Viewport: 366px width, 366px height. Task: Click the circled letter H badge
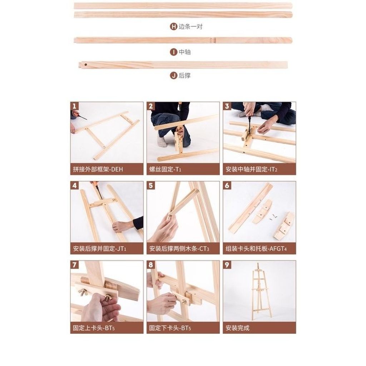[173, 26]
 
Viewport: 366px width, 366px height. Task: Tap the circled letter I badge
[173, 52]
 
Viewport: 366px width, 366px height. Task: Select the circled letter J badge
[173, 75]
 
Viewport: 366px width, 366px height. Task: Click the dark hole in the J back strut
[86, 64]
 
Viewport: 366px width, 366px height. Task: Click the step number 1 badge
[74, 106]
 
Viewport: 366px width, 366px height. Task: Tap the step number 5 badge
[150, 186]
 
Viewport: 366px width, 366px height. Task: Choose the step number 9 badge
[227, 265]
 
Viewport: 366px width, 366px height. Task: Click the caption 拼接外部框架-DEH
[98, 169]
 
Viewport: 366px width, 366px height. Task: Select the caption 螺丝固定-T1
[165, 169]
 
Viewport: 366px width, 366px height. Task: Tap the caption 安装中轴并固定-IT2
[251, 169]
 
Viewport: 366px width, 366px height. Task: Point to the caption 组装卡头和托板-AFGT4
[256, 249]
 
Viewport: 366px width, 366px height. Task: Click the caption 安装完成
[237, 328]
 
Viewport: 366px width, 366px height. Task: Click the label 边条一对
[191, 26]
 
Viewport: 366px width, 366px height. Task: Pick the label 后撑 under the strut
[184, 75]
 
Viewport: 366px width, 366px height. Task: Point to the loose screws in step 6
[273, 217]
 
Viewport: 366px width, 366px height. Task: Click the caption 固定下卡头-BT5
[170, 328]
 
